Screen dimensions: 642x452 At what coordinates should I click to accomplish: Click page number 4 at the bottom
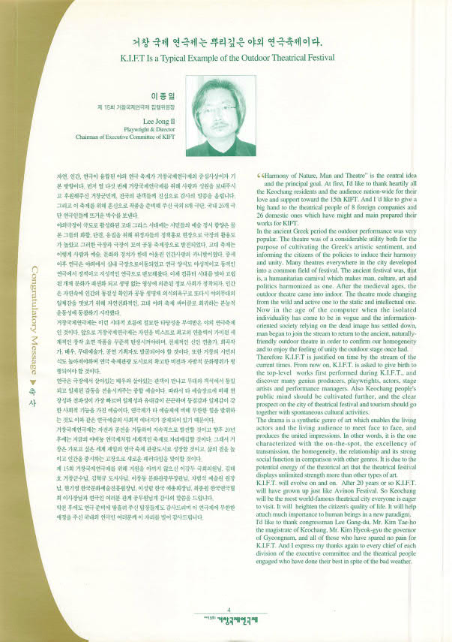(238, 610)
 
